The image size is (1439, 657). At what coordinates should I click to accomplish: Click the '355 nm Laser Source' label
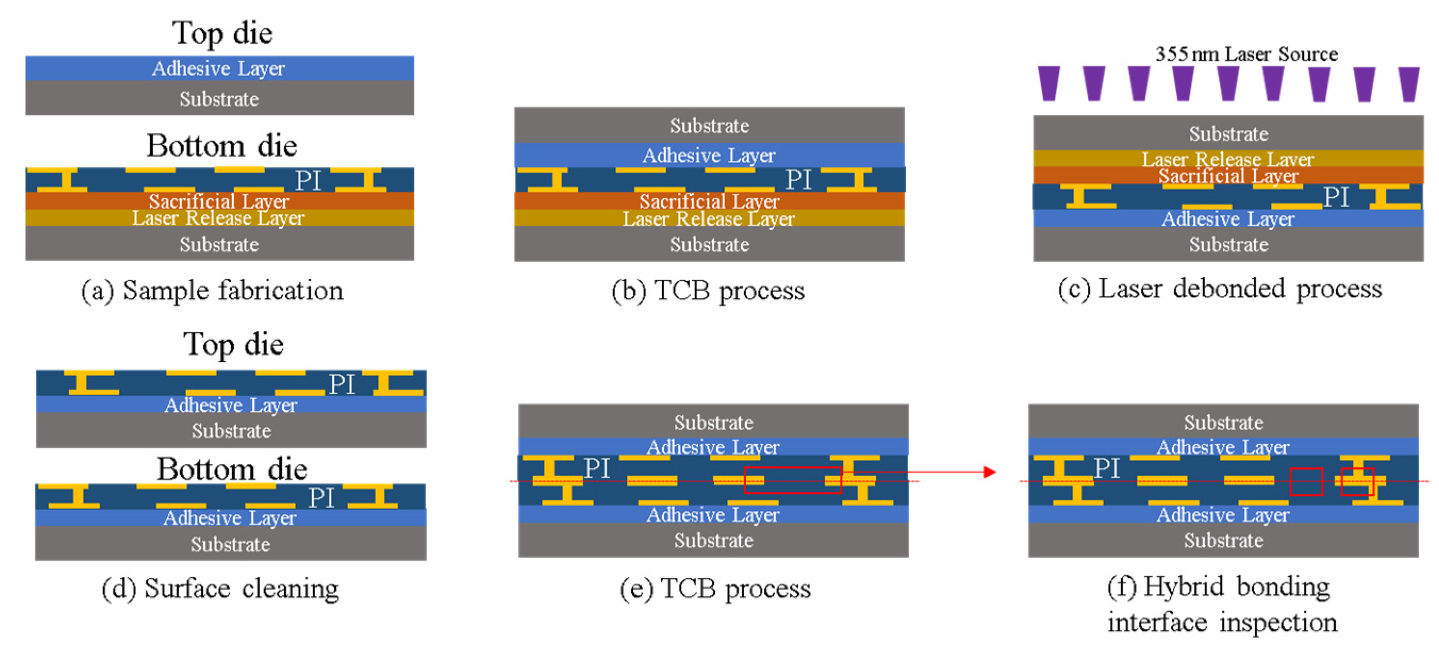pos(1246,54)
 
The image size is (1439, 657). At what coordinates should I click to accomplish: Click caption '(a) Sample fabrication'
pos(212,291)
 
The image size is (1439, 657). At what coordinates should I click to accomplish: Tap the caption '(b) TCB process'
pos(708,291)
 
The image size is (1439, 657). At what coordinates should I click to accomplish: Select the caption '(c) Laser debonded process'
pos(1219,289)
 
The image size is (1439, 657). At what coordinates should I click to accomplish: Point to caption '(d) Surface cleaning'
pos(220,588)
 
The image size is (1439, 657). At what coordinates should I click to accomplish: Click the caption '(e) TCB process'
pos(715,588)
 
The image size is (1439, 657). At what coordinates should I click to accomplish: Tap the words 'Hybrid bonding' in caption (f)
pos(1236,587)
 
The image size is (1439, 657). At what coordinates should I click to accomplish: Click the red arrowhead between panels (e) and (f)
pos(989,472)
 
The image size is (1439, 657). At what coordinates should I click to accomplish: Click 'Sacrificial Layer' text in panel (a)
pos(219,201)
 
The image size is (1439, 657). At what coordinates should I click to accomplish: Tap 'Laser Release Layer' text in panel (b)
pos(708,219)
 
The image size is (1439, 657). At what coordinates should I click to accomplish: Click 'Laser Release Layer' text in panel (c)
pos(1227,159)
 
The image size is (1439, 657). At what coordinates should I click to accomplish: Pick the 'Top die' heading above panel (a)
pos(222,33)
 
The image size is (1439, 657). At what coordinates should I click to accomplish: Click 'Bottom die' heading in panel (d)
pos(231,469)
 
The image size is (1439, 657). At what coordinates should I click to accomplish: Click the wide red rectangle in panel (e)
pos(792,480)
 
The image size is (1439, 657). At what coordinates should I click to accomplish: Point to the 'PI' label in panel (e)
pos(597,468)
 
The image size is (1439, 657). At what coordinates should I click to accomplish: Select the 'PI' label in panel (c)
pos(1336,197)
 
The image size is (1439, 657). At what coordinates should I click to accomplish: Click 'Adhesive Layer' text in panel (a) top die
pos(218,69)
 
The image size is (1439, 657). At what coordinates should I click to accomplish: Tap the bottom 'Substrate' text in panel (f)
pos(1223,541)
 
